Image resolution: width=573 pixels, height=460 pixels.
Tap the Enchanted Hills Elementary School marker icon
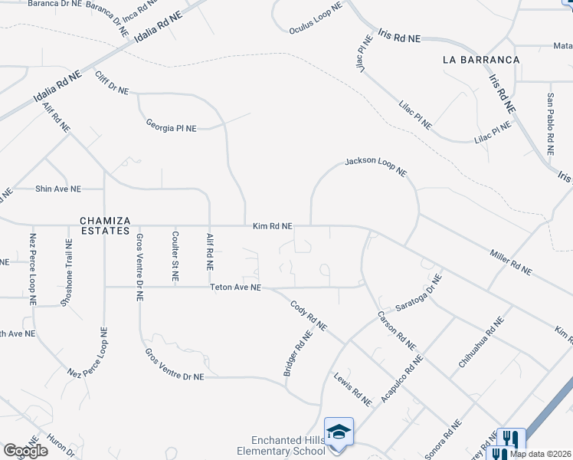338,431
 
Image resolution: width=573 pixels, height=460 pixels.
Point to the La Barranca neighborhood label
481,59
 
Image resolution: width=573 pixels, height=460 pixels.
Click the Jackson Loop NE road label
375,166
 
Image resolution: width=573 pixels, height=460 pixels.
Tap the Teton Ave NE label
236,287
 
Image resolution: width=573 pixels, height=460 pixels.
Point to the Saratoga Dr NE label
420,297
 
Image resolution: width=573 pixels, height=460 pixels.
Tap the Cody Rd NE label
309,315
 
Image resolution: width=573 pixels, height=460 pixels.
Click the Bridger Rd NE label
299,353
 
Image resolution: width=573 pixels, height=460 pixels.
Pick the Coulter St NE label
175,256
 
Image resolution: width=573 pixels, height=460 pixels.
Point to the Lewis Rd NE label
352,388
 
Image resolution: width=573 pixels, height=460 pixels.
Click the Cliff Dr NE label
113,81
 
